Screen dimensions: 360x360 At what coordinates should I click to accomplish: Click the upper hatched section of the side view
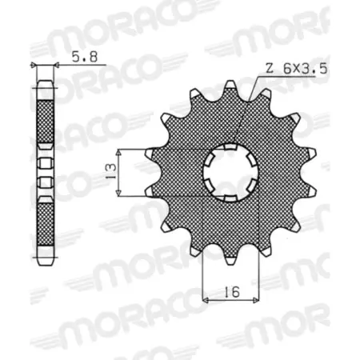[x=44, y=112]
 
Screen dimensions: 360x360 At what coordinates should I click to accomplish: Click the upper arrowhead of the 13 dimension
[x=119, y=151]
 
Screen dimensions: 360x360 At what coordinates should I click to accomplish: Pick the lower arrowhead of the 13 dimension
[x=119, y=194]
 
